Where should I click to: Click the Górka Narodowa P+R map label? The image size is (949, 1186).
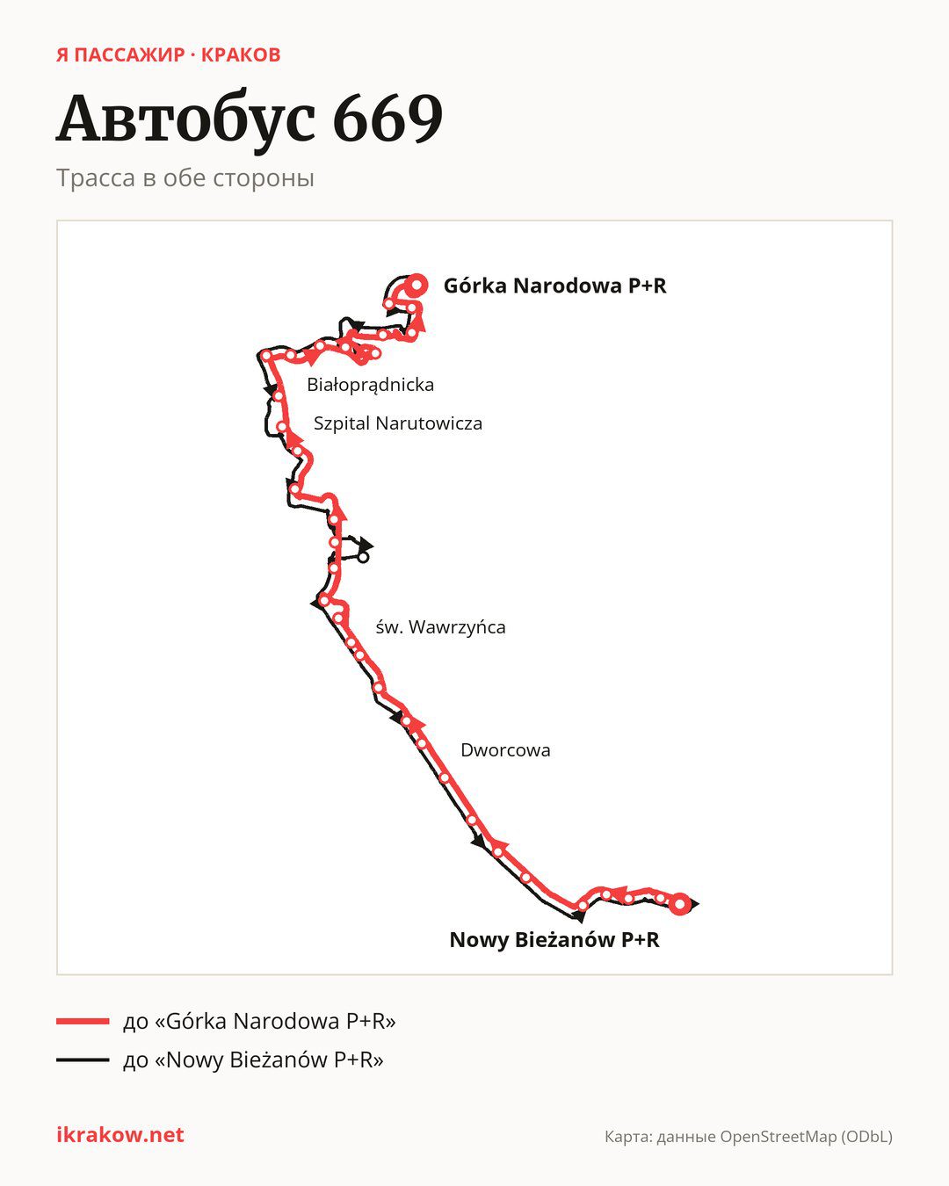pyautogui.click(x=554, y=286)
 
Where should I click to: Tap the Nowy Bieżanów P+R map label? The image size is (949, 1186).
pyautogui.click(x=554, y=940)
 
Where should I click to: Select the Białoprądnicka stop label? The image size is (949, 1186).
pyautogui.click(x=371, y=385)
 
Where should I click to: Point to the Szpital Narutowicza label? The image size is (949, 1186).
pyautogui.click(x=398, y=423)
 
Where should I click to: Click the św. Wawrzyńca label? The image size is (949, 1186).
pyautogui.click(x=440, y=627)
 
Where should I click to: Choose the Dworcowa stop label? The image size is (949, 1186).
pyautogui.click(x=505, y=750)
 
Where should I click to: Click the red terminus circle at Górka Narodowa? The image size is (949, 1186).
pyautogui.click(x=417, y=286)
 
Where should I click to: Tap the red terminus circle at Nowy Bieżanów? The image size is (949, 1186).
pyautogui.click(x=680, y=904)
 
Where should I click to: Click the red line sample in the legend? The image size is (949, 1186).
pyautogui.click(x=83, y=1021)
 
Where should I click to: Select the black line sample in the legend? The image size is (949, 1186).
pyautogui.click(x=83, y=1059)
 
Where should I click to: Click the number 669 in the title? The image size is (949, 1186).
pyautogui.click(x=388, y=119)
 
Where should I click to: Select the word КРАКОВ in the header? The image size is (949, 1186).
pyautogui.click(x=241, y=55)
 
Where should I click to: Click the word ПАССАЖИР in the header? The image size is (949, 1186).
pyautogui.click(x=129, y=55)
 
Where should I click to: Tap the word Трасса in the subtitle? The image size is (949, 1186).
pyautogui.click(x=96, y=178)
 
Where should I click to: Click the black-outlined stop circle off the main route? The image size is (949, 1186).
pyautogui.click(x=363, y=558)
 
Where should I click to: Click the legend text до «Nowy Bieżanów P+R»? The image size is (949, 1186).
pyautogui.click(x=253, y=1059)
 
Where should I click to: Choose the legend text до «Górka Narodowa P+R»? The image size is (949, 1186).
pyautogui.click(x=259, y=1021)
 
